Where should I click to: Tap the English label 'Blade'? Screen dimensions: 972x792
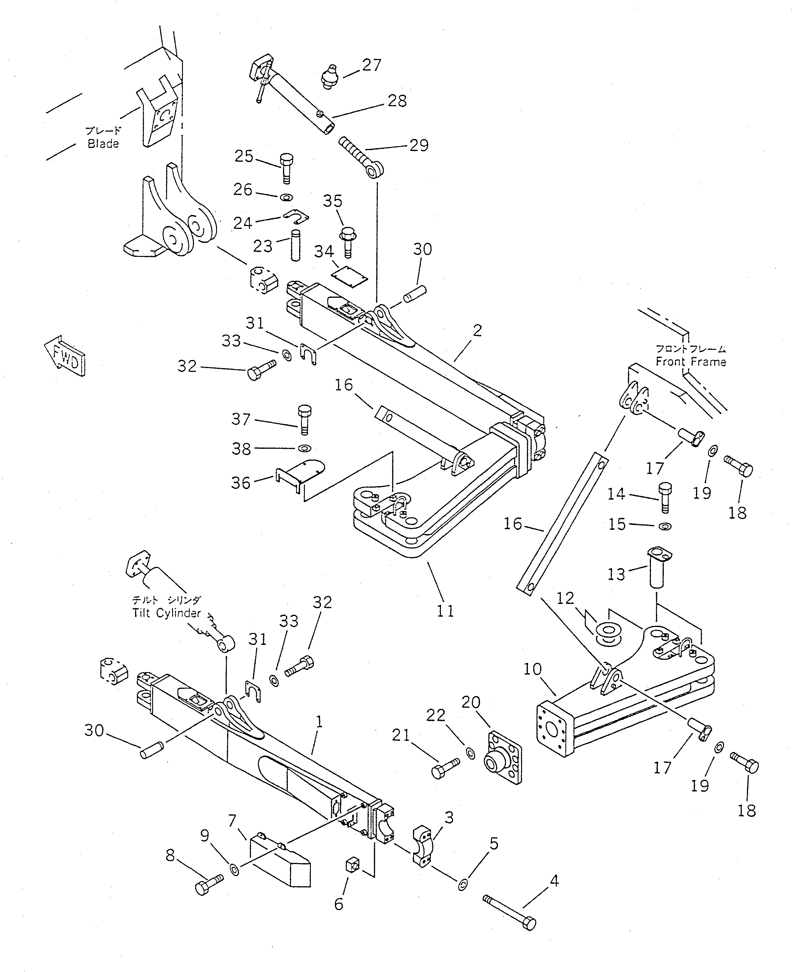(x=103, y=144)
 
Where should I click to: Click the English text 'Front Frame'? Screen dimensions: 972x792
(x=691, y=362)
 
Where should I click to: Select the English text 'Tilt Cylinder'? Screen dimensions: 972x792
(x=166, y=613)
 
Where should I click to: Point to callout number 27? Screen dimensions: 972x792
(x=371, y=65)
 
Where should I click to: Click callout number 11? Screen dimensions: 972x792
(x=445, y=611)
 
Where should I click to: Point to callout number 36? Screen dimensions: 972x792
(x=241, y=483)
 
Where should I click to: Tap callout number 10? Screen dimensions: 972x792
(x=532, y=669)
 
